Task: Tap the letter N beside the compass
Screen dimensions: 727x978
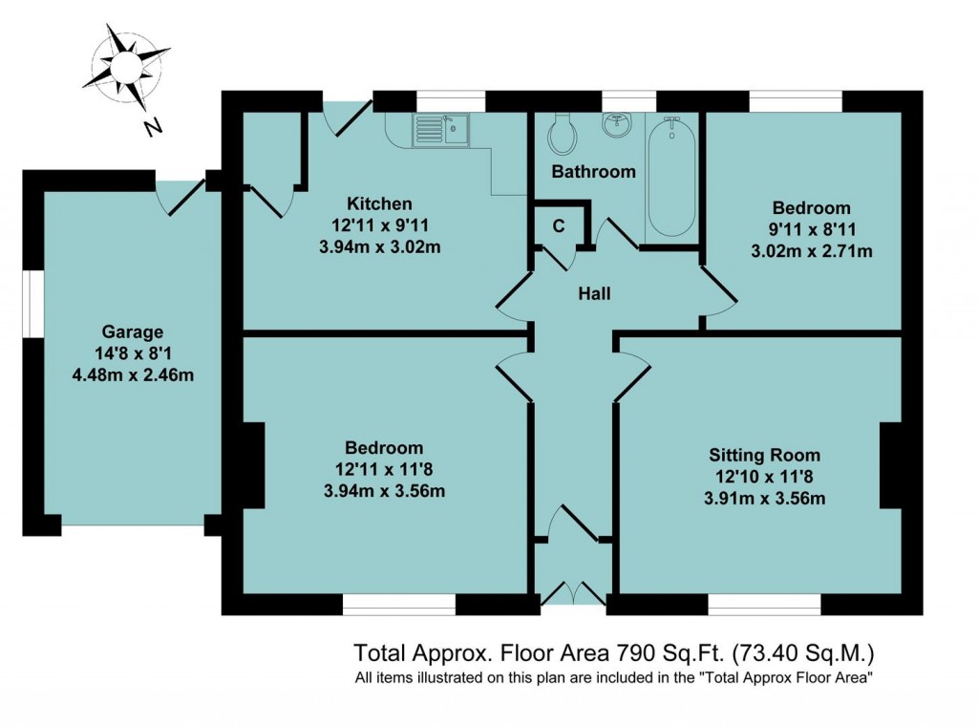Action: pos(151,127)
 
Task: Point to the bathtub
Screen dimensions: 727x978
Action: pos(673,177)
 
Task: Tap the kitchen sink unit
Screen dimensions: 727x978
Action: pos(441,129)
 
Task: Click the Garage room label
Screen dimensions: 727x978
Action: pos(133,332)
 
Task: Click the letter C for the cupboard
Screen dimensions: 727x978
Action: pos(560,225)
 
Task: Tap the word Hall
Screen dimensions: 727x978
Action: pos(594,294)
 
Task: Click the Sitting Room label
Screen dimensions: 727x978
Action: pos(764,455)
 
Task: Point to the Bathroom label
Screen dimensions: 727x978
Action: pos(593,172)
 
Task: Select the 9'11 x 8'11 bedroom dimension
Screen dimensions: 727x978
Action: pos(812,230)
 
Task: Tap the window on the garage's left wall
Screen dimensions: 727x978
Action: pos(32,305)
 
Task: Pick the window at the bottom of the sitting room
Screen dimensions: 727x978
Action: pos(764,604)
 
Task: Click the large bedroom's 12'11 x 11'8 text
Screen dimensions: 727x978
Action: pos(384,469)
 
